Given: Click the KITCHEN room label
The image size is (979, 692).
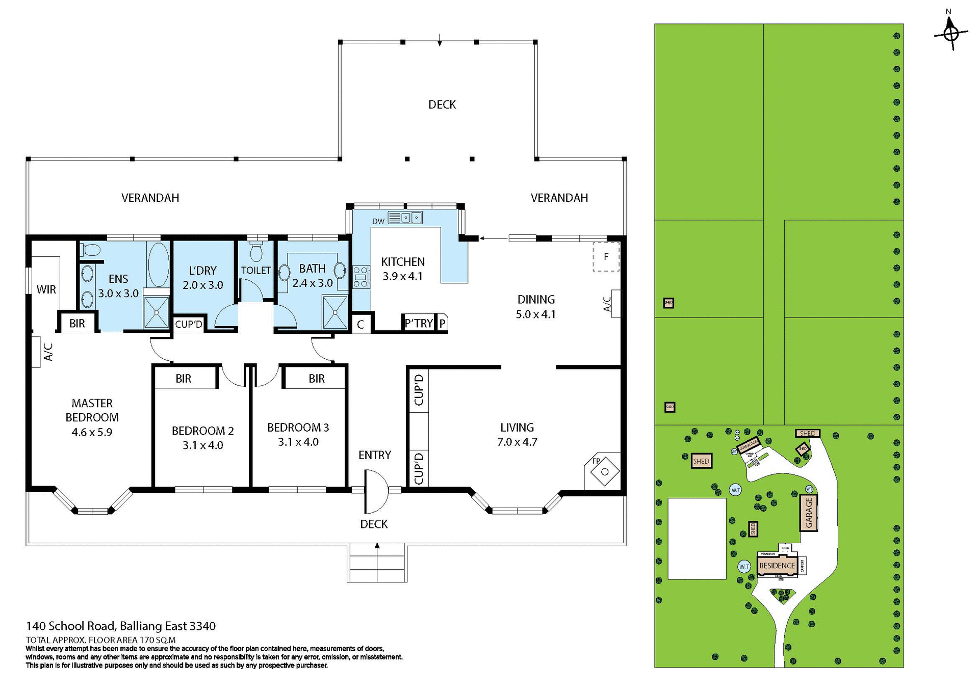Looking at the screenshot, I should click(x=402, y=261).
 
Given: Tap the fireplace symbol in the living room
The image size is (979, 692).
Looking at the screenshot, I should click(x=604, y=471).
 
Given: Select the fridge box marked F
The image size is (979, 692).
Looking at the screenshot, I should click(x=606, y=257).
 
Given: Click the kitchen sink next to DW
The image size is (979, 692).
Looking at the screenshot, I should click(x=405, y=218).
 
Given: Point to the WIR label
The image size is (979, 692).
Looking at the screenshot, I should click(x=46, y=289).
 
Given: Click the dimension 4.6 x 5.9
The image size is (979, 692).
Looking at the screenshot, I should click(x=92, y=432).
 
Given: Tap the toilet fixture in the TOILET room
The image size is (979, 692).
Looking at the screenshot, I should click(x=256, y=252).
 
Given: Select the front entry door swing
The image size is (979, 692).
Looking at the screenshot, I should click(x=376, y=491).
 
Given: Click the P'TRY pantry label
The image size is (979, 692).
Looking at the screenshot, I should click(x=418, y=323).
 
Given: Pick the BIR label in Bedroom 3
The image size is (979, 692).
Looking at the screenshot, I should click(x=316, y=379).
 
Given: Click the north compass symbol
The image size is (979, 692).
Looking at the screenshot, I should click(x=950, y=34).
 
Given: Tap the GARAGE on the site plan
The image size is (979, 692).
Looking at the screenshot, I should click(x=809, y=513).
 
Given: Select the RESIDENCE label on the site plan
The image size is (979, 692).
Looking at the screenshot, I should click(x=777, y=566).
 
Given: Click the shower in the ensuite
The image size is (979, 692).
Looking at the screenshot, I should click(x=156, y=311).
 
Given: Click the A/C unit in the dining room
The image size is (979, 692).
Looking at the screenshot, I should click(x=615, y=304).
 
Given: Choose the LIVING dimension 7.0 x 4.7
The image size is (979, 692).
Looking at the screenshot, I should click(x=517, y=442).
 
